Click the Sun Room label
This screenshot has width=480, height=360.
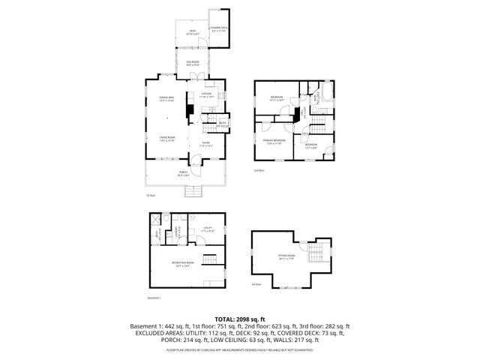(193, 63)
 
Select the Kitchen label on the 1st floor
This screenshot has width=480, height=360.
(206, 95)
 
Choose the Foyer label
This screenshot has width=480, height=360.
(205, 144)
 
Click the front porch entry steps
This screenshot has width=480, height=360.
(193, 191)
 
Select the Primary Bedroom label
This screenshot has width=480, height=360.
(274, 142)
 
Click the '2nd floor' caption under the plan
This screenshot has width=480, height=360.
(259, 171)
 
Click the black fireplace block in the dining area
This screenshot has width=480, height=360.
(189, 112)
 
